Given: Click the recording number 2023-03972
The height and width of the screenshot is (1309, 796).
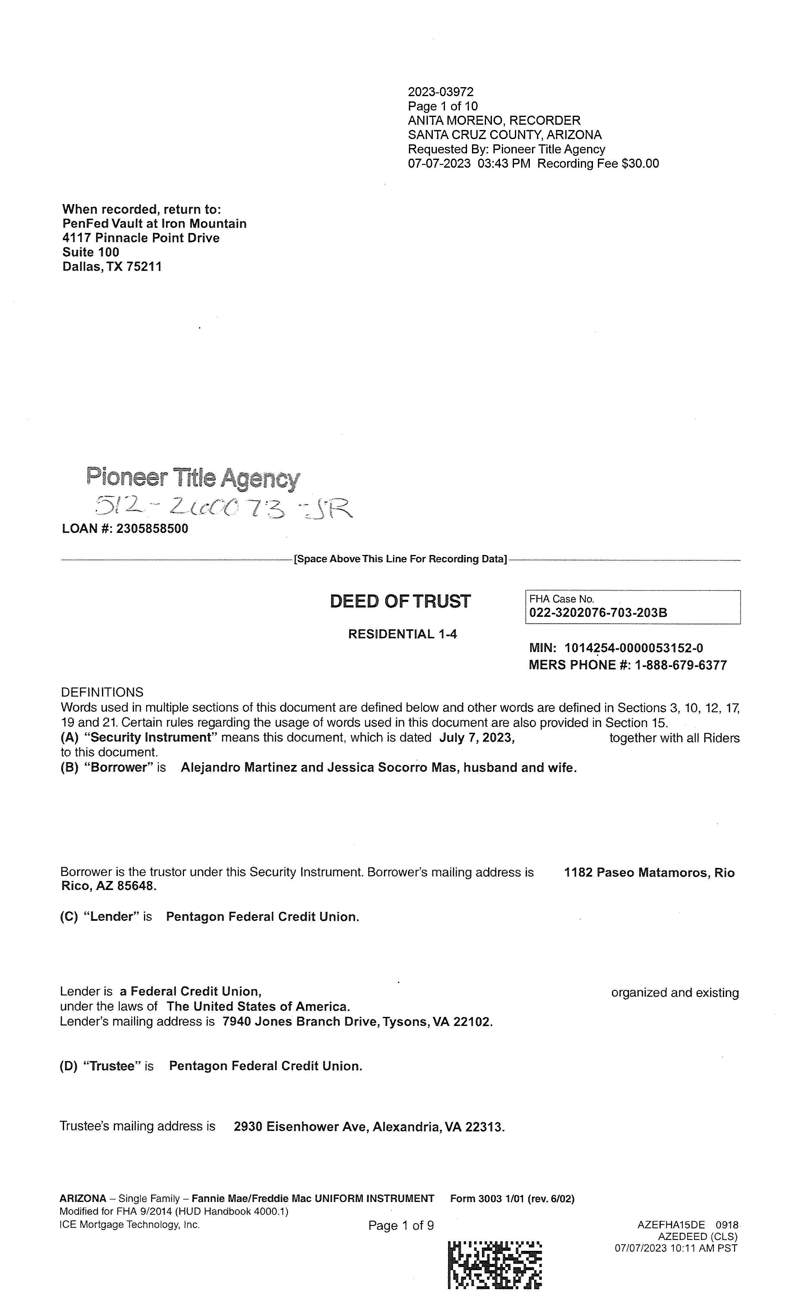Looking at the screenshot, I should point(440,92).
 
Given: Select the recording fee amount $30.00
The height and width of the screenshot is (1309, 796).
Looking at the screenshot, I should point(640,164).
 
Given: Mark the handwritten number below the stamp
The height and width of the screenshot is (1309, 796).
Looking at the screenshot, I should point(223,508).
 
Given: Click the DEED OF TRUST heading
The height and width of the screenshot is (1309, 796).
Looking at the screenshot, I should point(400,601).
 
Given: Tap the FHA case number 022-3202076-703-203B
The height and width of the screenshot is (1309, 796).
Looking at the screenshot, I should point(598,613).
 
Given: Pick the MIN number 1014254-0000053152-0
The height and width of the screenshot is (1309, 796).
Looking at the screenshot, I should point(633,648).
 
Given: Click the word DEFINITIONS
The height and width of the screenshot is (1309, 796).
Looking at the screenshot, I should point(102,692).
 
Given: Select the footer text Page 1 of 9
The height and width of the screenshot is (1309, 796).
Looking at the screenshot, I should point(401,1226).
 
